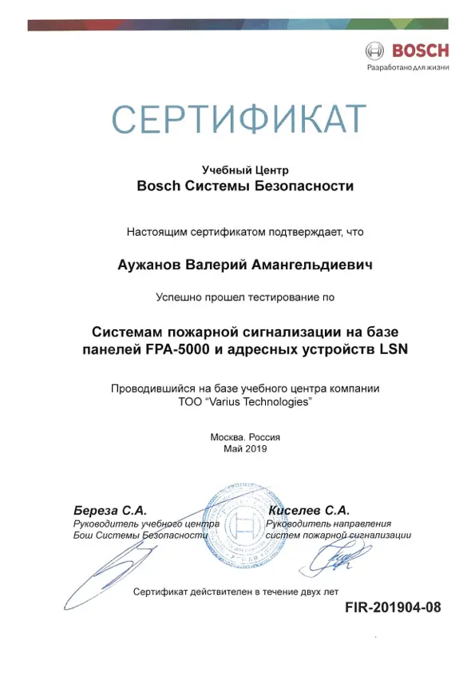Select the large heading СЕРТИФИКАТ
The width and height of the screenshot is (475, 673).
(238, 120)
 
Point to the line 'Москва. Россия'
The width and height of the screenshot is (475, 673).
(245, 437)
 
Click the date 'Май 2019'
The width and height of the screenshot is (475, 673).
(245, 449)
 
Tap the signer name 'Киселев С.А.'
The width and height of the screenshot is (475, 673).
(308, 509)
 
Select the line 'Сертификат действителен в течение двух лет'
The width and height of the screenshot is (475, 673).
(236, 591)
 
